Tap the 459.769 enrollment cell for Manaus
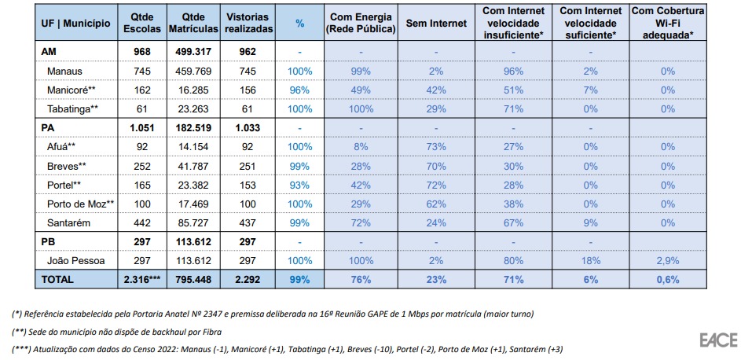[x=192, y=71]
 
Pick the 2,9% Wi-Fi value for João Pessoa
[x=667, y=260]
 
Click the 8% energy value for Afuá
[x=360, y=146]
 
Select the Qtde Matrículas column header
[x=192, y=24]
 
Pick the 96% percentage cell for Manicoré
[x=299, y=90]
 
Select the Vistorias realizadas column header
[x=248, y=24]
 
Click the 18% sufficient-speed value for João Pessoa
[x=590, y=260]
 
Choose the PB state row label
[x=48, y=241]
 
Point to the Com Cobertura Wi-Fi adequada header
[x=667, y=24]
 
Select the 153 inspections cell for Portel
[x=248, y=185]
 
